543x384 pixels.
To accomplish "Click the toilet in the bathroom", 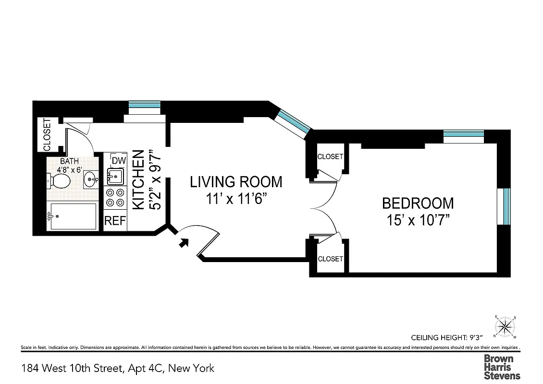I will pyautogui.click(x=59, y=181).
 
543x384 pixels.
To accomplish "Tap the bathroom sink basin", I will pyautogui.click(x=90, y=180).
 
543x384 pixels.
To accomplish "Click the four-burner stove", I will pyautogui.click(x=115, y=198).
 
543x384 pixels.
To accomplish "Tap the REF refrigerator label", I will pyautogui.click(x=115, y=221).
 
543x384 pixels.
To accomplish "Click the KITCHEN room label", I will pyautogui.click(x=138, y=180).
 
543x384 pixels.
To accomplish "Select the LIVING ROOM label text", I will pyautogui.click(x=236, y=182).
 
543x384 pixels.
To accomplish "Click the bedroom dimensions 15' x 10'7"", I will pyautogui.click(x=418, y=220).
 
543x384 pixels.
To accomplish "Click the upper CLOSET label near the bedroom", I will pyautogui.click(x=330, y=156).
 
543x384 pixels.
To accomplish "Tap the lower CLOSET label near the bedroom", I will pyautogui.click(x=330, y=259).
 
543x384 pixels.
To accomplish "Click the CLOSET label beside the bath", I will pyautogui.click(x=47, y=135).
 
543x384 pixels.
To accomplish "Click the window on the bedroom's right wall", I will pyautogui.click(x=506, y=206).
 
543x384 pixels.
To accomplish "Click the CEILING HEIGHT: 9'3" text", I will pyautogui.click(x=446, y=337).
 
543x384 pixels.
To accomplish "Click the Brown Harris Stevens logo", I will pyautogui.click(x=501, y=367).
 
